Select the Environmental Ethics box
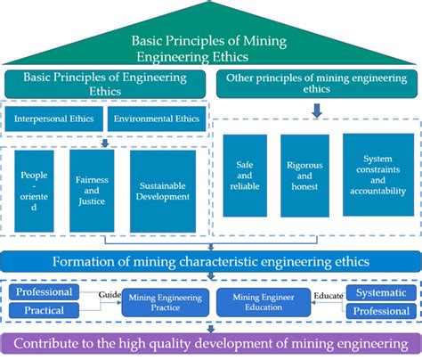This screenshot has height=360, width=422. tap(157, 119)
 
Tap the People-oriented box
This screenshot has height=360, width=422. tap(34, 190)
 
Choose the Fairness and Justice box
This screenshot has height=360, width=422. tap(92, 190)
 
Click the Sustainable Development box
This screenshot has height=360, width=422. tap(163, 190)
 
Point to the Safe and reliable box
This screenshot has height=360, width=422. tap(245, 176)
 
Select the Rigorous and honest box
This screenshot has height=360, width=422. tap(304, 176)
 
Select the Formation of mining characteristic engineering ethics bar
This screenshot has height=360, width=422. tap(210, 261)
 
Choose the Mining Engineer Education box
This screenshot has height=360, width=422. tap(264, 301)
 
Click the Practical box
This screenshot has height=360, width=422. tap(45, 310)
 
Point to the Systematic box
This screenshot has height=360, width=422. tap(380, 292)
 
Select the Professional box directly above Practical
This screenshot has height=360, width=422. tap(45, 291)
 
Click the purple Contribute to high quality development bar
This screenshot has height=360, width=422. tap(210, 342)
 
